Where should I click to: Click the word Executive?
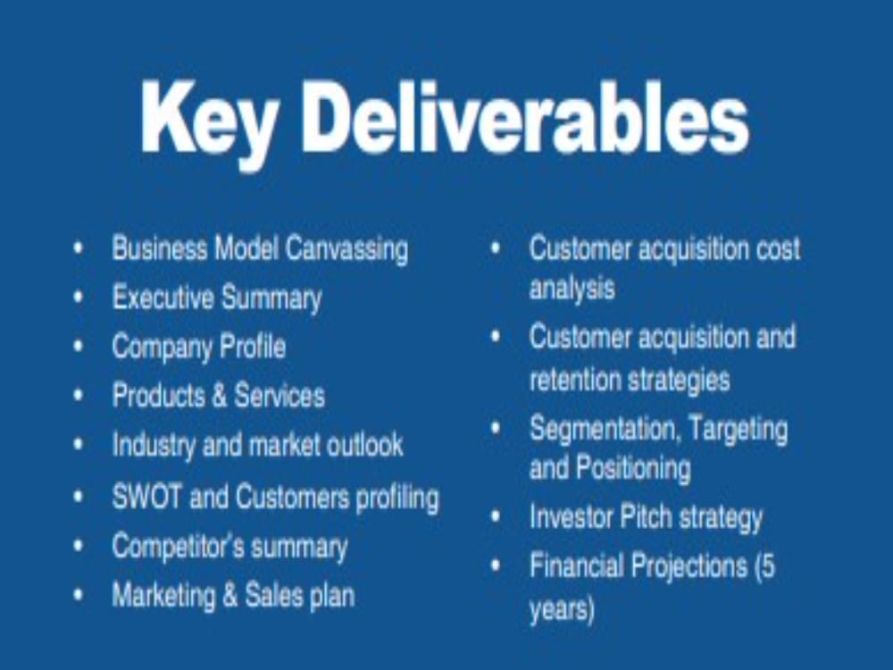[163, 297]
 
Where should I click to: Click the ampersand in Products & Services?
[220, 396]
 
